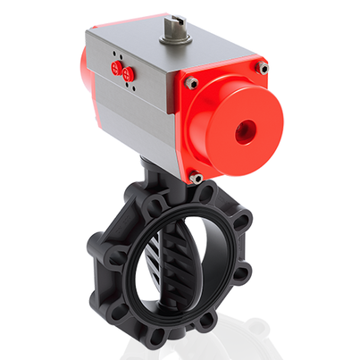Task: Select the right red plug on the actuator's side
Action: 128,71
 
